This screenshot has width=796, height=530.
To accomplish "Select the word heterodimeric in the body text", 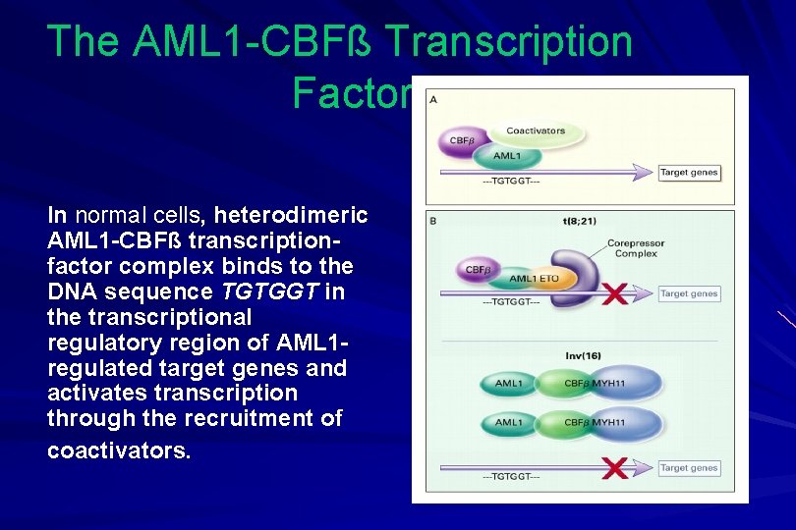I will pos(292,215).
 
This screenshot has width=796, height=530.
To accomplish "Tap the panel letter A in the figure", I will pos(433,100).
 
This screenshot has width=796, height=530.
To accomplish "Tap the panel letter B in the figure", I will pos(433,220).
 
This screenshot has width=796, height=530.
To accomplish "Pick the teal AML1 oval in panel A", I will pos(507,156).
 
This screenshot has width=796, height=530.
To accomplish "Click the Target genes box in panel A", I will pos(689,173).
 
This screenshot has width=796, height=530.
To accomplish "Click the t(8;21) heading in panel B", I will pos(578,222).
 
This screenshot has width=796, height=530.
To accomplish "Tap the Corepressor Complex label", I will pos(635,248).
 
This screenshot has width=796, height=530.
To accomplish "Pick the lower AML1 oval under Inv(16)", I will pos(509,423).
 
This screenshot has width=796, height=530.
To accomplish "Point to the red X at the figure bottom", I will pos(615,468).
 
